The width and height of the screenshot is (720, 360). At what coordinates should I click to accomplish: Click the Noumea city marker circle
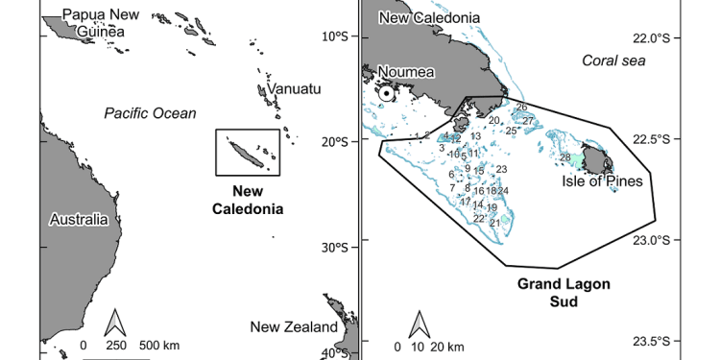(x=386, y=93)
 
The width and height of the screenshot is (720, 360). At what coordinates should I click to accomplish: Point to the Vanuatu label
(x=289, y=88)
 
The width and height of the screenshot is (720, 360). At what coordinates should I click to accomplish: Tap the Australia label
(x=78, y=220)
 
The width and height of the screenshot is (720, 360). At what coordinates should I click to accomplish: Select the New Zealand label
(x=294, y=327)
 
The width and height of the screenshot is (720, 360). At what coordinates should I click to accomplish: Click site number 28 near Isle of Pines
(x=565, y=157)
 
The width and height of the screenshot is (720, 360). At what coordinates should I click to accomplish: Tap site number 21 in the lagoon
(x=494, y=223)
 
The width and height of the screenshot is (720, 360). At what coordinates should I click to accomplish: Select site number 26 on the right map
(x=521, y=108)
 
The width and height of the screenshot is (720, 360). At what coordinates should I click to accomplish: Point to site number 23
(x=501, y=169)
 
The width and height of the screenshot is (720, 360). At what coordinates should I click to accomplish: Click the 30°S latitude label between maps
(x=337, y=247)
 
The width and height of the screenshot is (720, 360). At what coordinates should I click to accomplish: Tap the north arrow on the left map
(x=116, y=323)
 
